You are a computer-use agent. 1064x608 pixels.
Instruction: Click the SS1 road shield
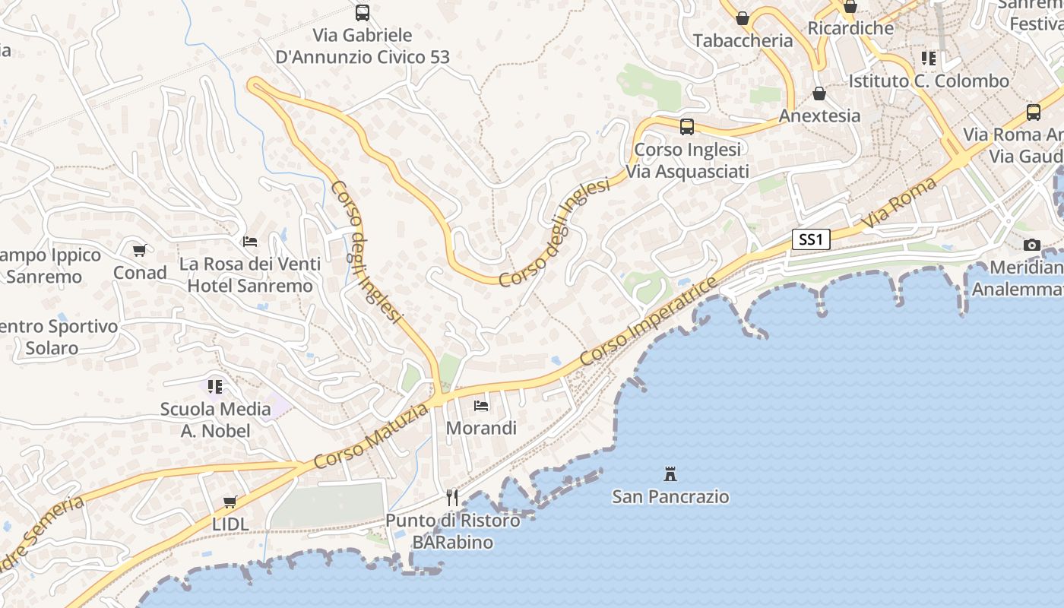(811, 239)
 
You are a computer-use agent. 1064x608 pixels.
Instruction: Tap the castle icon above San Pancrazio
(670, 474)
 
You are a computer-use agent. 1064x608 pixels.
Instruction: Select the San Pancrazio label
(670, 497)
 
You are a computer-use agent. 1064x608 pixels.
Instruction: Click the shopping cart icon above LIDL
(230, 502)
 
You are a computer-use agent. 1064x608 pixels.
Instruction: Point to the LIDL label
(230, 524)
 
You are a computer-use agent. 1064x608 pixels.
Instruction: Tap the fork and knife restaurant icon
(452, 498)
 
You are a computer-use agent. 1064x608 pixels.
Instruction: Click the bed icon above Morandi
(480, 405)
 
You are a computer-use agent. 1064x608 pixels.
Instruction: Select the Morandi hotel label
(481, 428)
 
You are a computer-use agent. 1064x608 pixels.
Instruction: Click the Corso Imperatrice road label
(648, 321)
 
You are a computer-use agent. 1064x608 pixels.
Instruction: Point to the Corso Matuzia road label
(371, 437)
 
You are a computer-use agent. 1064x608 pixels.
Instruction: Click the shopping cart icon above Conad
(139, 250)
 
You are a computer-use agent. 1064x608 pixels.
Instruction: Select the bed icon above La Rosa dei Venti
(249, 242)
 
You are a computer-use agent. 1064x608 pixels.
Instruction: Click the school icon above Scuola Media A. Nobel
(215, 387)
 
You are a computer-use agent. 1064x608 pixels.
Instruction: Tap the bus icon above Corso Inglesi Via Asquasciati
(686, 127)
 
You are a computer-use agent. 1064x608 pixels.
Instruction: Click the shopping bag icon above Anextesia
(819, 93)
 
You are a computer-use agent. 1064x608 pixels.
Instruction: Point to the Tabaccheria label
(743, 41)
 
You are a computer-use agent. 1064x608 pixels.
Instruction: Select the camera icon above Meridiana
(1031, 245)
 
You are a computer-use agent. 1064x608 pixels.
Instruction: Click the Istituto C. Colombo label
(929, 81)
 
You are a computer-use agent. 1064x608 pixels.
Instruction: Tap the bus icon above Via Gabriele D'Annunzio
(363, 13)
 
